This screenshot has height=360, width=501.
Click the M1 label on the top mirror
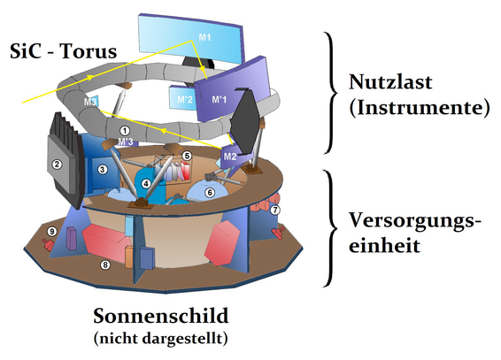click(x=205, y=37)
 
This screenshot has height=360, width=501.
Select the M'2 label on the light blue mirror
click(x=184, y=99)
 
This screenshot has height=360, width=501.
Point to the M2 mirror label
click(x=229, y=156)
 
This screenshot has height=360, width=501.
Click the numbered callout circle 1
click(x=125, y=130)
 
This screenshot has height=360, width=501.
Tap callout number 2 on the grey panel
click(x=58, y=164)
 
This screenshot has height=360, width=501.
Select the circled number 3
click(x=103, y=169)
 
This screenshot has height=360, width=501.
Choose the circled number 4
click(x=146, y=184)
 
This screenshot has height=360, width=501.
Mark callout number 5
click(x=187, y=155)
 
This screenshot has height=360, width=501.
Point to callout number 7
click(x=275, y=211)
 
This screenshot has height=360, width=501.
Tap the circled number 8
click(x=104, y=264)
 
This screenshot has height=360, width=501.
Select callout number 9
click(x=51, y=232)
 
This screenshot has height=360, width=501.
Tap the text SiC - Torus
click(x=63, y=52)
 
